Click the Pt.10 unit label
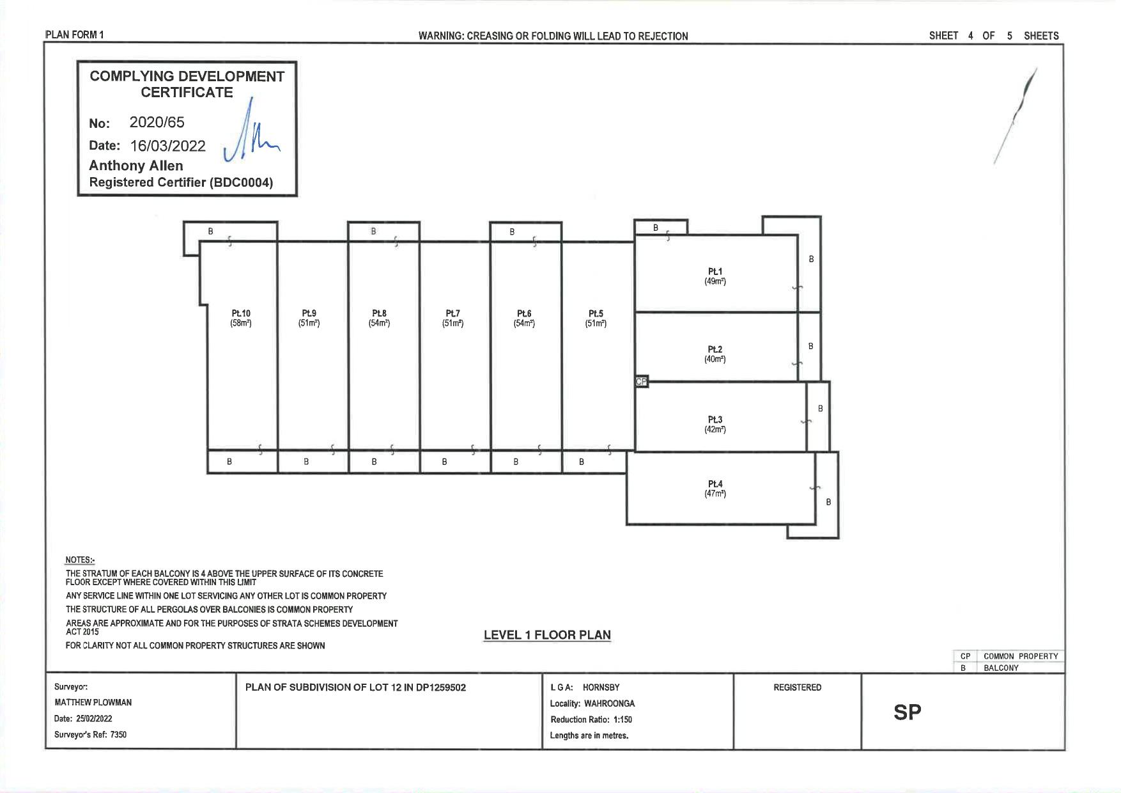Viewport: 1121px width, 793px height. pos(241,313)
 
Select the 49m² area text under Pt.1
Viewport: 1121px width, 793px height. pos(715,281)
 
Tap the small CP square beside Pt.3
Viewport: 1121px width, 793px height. pos(642,382)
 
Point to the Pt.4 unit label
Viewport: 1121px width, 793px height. pos(715,484)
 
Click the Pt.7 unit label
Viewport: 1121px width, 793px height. pos(452,313)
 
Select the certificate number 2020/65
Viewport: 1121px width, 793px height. pos(157,122)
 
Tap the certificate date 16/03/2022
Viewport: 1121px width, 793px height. pos(168,146)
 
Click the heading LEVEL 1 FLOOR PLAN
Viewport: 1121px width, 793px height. pos(547,635)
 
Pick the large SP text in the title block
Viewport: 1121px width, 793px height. pos(908,712)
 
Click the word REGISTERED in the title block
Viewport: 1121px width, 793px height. pos(798,687)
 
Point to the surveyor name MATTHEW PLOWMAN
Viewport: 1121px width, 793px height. pos(93,702)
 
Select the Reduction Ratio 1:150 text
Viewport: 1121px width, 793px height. pos(591,719)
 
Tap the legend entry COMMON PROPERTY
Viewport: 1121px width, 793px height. pos(1021,656)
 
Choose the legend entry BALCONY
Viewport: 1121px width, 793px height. pos(1001,668)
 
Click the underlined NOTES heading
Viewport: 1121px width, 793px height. pos(80,560)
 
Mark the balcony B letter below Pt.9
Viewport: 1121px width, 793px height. pos(306,462)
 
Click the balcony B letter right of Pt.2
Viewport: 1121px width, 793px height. pos(810,346)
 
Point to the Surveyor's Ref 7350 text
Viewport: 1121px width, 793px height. pos(90,735)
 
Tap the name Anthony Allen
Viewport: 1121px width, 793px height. pos(136,166)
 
